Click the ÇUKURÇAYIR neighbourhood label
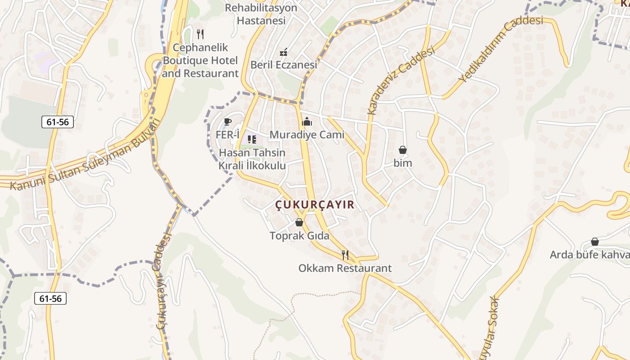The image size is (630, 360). (315, 205)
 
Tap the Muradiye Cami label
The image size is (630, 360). (307, 135)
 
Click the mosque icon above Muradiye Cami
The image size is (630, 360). (307, 121)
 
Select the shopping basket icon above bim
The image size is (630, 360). (403, 150)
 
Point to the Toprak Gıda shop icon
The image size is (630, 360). (299, 222)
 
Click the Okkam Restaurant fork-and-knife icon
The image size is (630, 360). (345, 255)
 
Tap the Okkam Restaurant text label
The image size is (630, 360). (345, 269)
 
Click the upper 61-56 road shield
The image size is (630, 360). (57, 121)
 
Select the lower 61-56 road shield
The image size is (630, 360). (50, 298)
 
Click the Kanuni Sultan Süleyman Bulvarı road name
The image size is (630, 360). (85, 155)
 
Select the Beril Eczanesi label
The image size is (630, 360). (283, 65)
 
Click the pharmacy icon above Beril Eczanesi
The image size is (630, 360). (283, 53)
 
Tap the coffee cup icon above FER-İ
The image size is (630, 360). (228, 121)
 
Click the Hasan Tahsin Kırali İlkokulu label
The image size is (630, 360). (252, 159)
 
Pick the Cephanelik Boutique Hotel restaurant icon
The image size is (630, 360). (201, 34)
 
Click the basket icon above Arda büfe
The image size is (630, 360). (595, 242)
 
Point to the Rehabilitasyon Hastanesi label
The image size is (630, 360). (261, 14)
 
